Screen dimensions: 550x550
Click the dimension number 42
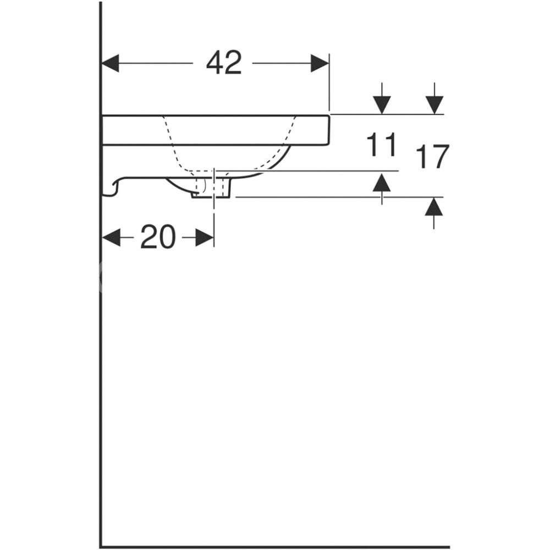(224, 63)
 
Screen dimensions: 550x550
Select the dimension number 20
(158, 238)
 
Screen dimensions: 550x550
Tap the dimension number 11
(381, 146)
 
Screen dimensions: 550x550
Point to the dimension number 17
(433, 157)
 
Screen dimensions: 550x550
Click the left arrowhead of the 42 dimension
(111, 63)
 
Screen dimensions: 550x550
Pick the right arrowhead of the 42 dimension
(320, 63)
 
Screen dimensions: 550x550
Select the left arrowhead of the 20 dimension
(112, 238)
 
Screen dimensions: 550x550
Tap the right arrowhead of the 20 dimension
(205, 238)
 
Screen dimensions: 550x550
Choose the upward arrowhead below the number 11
(381, 182)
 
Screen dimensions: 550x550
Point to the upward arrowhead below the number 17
(434, 207)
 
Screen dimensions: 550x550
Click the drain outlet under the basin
(212, 189)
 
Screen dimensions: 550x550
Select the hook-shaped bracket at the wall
(112, 187)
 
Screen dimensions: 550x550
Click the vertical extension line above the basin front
(329, 82)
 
